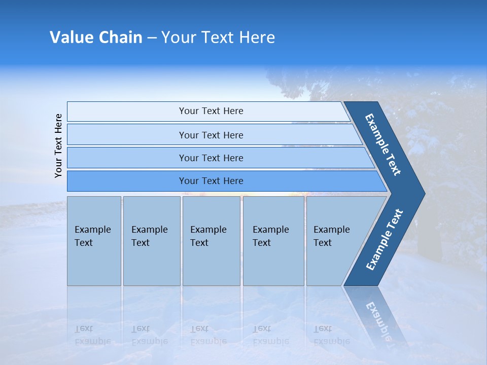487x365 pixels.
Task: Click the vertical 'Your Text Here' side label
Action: pyautogui.click(x=58, y=145)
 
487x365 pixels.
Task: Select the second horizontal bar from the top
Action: pyautogui.click(x=211, y=135)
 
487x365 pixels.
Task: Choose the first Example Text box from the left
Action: pyautogui.click(x=94, y=241)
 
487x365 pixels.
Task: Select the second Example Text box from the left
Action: pyautogui.click(x=151, y=241)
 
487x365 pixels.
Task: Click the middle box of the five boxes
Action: pyautogui.click(x=211, y=241)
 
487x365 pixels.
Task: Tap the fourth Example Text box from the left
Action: pyautogui.click(x=273, y=241)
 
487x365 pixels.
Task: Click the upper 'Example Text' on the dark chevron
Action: pyautogui.click(x=383, y=144)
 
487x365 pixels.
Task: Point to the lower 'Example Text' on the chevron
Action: pyautogui.click(x=384, y=240)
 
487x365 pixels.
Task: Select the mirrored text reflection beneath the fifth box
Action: pyautogui.click(x=332, y=335)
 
